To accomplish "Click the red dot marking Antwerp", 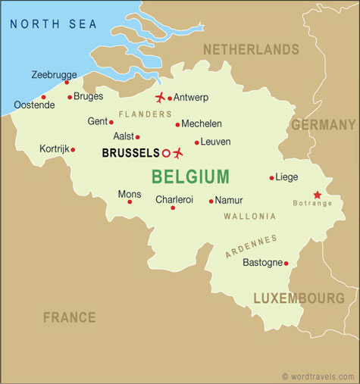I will (171, 98).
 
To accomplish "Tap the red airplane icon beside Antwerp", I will (160, 97).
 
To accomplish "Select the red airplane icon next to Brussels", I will (178, 153).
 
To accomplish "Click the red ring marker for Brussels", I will (166, 153).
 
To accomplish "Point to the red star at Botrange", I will (317, 195).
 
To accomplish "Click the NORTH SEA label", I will (53, 24).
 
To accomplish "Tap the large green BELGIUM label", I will (190, 177).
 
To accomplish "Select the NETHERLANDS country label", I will (251, 49).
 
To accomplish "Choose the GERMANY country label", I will (323, 125).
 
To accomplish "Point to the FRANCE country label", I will (69, 317).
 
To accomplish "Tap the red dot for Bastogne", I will (286, 264).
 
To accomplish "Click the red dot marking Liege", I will (271, 178).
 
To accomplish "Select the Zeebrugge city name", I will (54, 74).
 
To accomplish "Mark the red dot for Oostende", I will (43, 97).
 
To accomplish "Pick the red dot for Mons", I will (130, 201).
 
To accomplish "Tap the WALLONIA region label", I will (249, 216).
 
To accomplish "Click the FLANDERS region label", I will (146, 114).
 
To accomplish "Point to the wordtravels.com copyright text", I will (318, 376).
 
